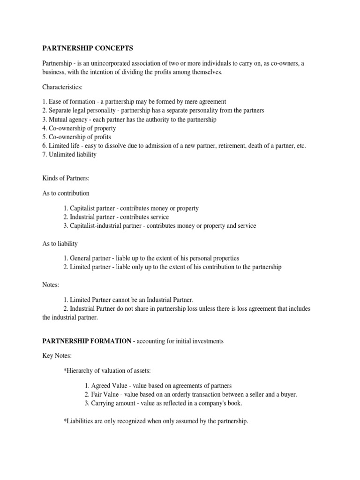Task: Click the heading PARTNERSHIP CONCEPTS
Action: (88, 48)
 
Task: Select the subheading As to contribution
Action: (66, 193)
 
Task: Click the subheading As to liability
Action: (60, 243)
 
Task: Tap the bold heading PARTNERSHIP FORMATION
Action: (87, 341)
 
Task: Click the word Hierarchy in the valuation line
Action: (79, 371)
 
